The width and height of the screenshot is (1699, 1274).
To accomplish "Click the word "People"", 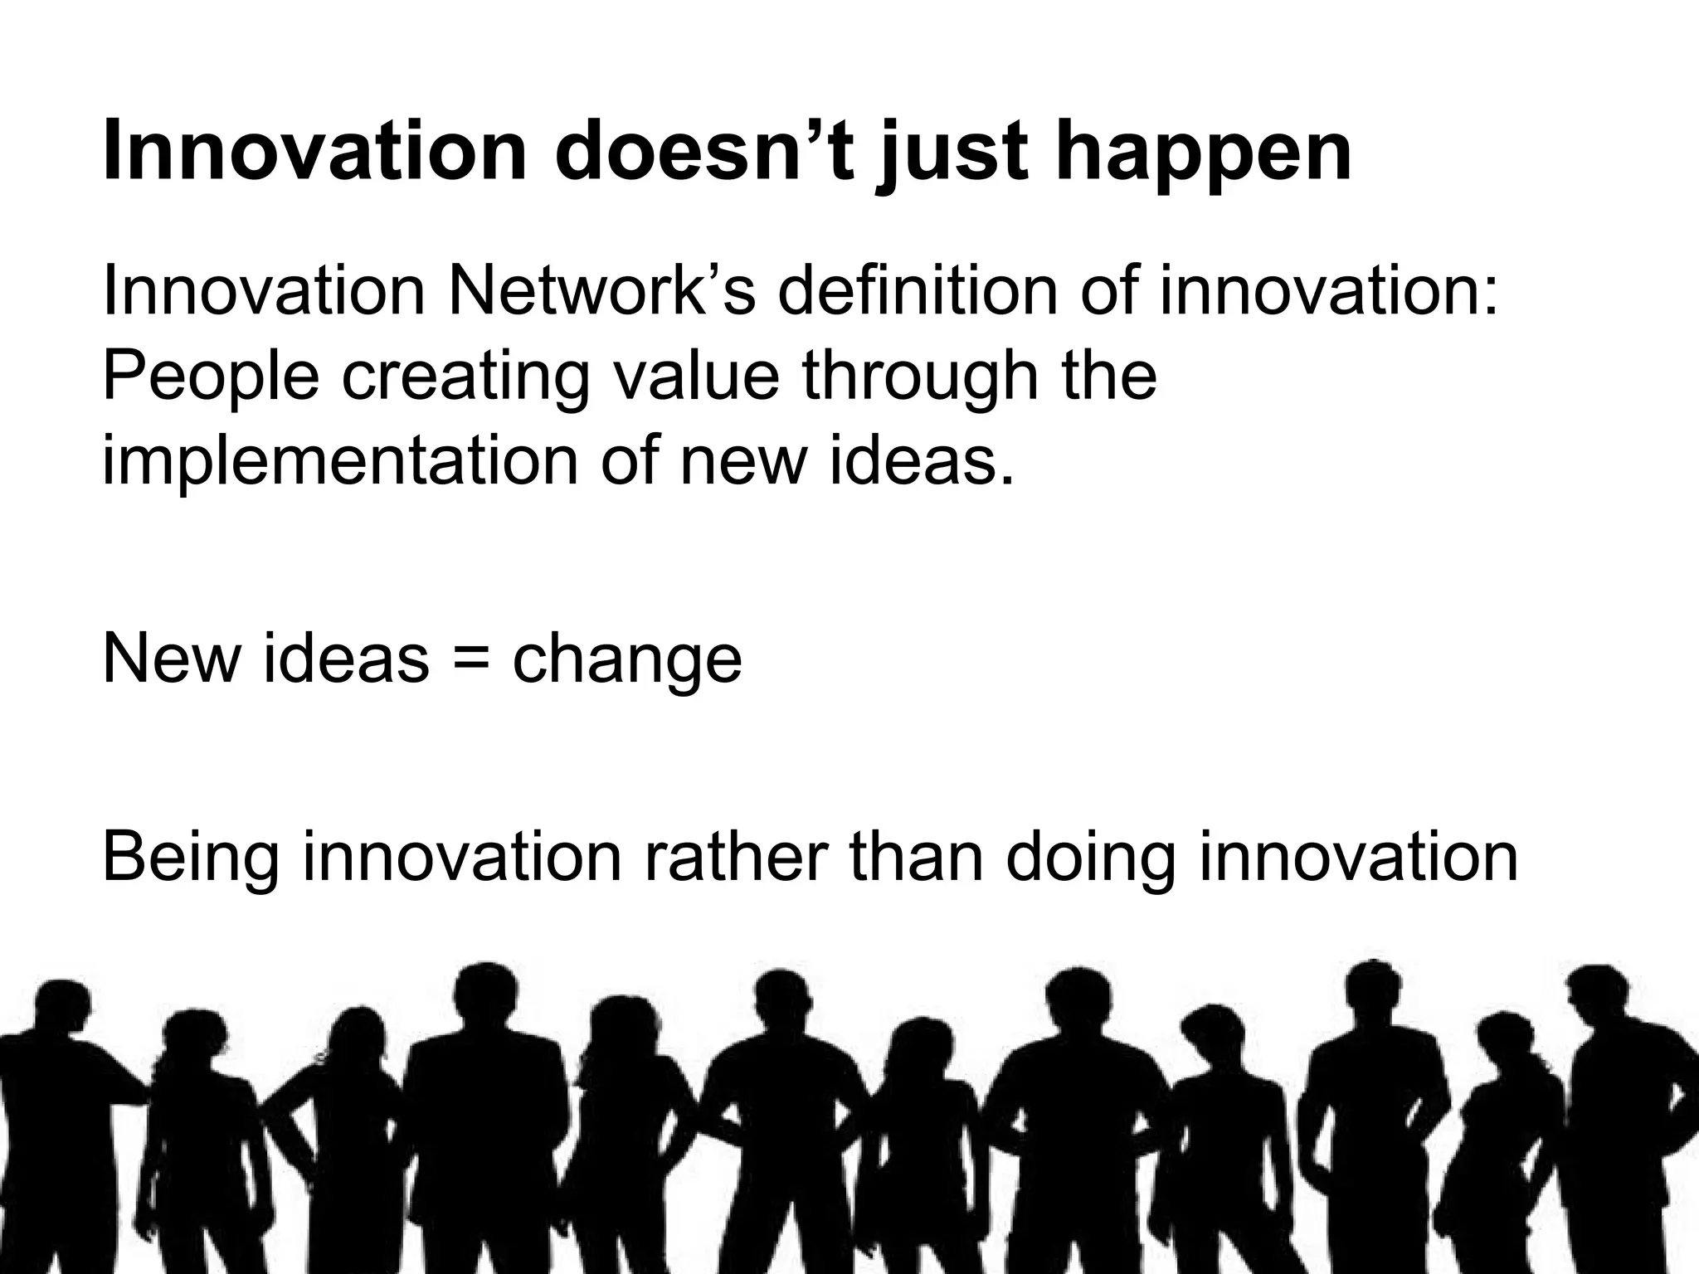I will (x=211, y=377).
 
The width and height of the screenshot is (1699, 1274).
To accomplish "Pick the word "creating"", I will (x=465, y=377).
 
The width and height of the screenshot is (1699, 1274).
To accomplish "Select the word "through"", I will (x=920, y=377).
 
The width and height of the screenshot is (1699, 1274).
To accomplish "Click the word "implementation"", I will (x=339, y=461).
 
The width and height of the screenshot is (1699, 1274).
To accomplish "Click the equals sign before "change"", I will (x=470, y=659).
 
